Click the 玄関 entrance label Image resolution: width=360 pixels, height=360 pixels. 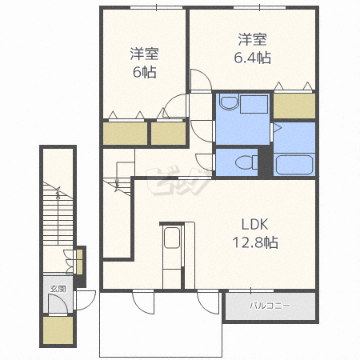pos(58,289)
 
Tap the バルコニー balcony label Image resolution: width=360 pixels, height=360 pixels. pos(270,306)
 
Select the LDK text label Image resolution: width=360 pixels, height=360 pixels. pos(254,225)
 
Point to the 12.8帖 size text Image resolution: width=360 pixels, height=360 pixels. pos(255,242)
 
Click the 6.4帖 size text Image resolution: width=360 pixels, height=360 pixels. pos(253,58)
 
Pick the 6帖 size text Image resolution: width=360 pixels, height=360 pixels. pos(145,72)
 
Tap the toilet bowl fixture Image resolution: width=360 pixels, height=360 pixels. pos(246,162)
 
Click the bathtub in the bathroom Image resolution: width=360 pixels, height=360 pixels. pos(294,165)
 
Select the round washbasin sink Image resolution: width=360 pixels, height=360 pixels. pos(229,102)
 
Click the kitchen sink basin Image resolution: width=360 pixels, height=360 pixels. pos(172,238)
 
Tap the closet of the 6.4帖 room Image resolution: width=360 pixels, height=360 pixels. pos(294,106)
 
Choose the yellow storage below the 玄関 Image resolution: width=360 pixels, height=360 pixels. pos(58,330)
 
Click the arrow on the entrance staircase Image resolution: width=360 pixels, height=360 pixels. pos(58,193)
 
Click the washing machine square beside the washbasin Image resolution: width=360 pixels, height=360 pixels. pos(254,104)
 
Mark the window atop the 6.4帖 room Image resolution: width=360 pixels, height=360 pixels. pos(259,7)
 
